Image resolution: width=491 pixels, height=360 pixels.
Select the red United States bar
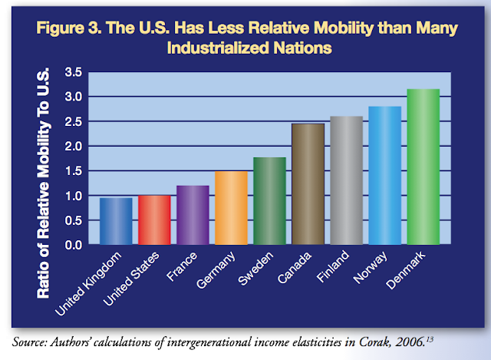(154, 220)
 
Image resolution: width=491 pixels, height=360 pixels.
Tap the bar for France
(193, 216)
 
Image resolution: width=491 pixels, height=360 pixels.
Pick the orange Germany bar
(232, 208)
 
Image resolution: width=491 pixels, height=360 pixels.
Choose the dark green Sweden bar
(270, 201)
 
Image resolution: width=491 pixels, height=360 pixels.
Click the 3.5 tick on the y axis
(74, 72)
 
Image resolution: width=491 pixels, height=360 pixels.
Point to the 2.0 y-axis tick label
(74, 146)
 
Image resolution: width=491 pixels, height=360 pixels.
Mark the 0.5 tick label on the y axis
(74, 220)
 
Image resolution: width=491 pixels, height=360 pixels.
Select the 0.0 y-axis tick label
(74, 245)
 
